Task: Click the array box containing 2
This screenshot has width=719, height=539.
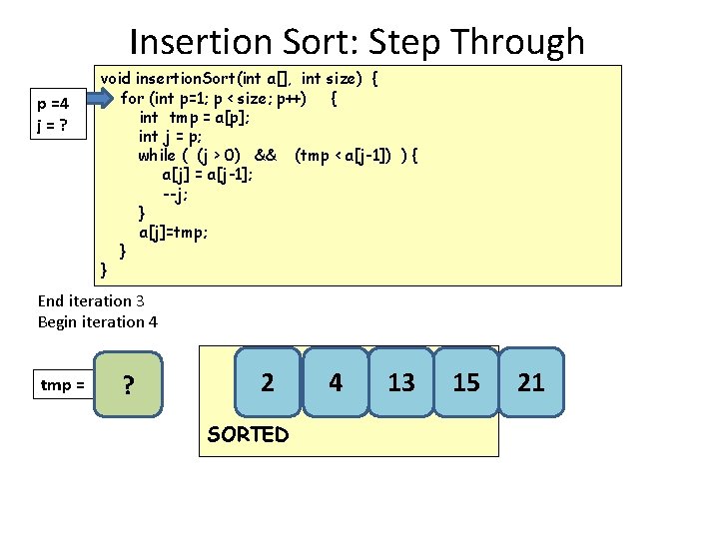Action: point(268,381)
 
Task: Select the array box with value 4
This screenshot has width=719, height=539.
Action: point(336,381)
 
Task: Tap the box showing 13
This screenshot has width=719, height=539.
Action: point(401,381)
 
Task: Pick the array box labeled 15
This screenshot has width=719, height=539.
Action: point(466,381)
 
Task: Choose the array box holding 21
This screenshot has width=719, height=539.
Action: point(531,381)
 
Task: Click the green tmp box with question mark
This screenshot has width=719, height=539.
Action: point(127,384)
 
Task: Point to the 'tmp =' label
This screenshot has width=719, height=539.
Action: point(62,384)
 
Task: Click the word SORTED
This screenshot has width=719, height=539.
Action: point(248,434)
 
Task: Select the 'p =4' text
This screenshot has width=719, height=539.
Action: point(52,103)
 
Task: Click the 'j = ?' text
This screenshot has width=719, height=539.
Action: point(50,124)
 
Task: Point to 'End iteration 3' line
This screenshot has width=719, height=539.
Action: point(91,300)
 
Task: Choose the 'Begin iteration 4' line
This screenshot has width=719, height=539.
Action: point(97,321)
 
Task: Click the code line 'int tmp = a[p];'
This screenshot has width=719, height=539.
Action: point(195,117)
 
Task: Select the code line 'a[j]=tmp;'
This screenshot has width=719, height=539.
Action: point(174,232)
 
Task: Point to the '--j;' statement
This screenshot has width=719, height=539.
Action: point(177,193)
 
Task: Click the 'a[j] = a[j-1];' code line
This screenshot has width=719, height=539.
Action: point(208,174)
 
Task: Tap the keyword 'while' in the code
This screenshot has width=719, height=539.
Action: point(157,155)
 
